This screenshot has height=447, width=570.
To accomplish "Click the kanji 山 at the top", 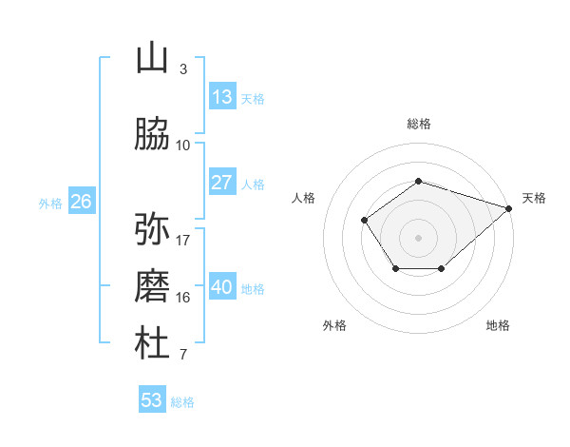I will coord(152,58).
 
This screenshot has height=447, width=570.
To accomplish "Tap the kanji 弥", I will coord(152,229).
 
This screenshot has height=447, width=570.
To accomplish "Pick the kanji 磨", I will coord(152,286).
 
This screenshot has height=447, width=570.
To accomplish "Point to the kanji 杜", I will coord(152,343).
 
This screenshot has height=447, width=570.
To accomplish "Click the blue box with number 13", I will coord(222,97).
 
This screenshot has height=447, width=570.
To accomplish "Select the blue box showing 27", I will coord(222,183).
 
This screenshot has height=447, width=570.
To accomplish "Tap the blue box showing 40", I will coord(222,287).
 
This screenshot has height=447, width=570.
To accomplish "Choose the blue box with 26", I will coord(81,202).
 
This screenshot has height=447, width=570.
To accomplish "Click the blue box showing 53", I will coord(152,400).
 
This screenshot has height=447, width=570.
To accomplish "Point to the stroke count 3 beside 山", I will coord(183,69).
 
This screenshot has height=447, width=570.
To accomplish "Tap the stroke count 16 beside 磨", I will coord(183,298).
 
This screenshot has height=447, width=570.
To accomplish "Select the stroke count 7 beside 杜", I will coord(183,355).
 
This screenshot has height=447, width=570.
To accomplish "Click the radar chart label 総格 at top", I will coord(419,124).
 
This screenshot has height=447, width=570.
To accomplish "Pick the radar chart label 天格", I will coord(534,198).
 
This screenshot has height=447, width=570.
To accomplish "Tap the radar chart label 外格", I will coord(334,325).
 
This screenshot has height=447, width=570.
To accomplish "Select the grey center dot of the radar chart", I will coord(419,237).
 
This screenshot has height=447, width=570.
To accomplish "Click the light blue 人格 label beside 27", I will coord(253,185).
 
